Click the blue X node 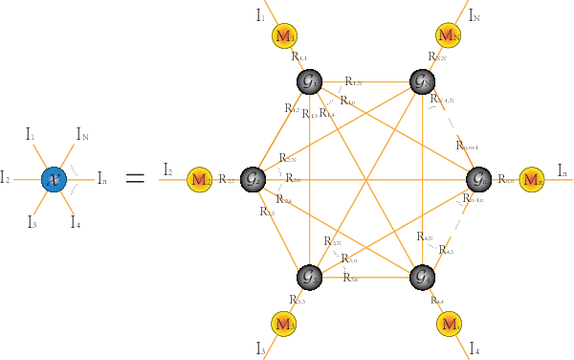[x=54, y=178]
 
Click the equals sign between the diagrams [x=135, y=178]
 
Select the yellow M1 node [x=284, y=36]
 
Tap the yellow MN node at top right [x=448, y=35]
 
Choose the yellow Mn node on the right [x=532, y=179]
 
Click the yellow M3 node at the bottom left [x=284, y=323]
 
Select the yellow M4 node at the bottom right [x=449, y=324]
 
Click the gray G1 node [x=308, y=81]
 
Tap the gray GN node [x=422, y=81]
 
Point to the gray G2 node [x=254, y=178]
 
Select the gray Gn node [x=477, y=178]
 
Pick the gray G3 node [x=308, y=278]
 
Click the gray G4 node [x=422, y=278]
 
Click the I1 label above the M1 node [x=261, y=14]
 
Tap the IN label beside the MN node [x=475, y=15]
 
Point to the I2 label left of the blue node [x=7, y=177]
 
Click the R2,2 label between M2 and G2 [x=227, y=178]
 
